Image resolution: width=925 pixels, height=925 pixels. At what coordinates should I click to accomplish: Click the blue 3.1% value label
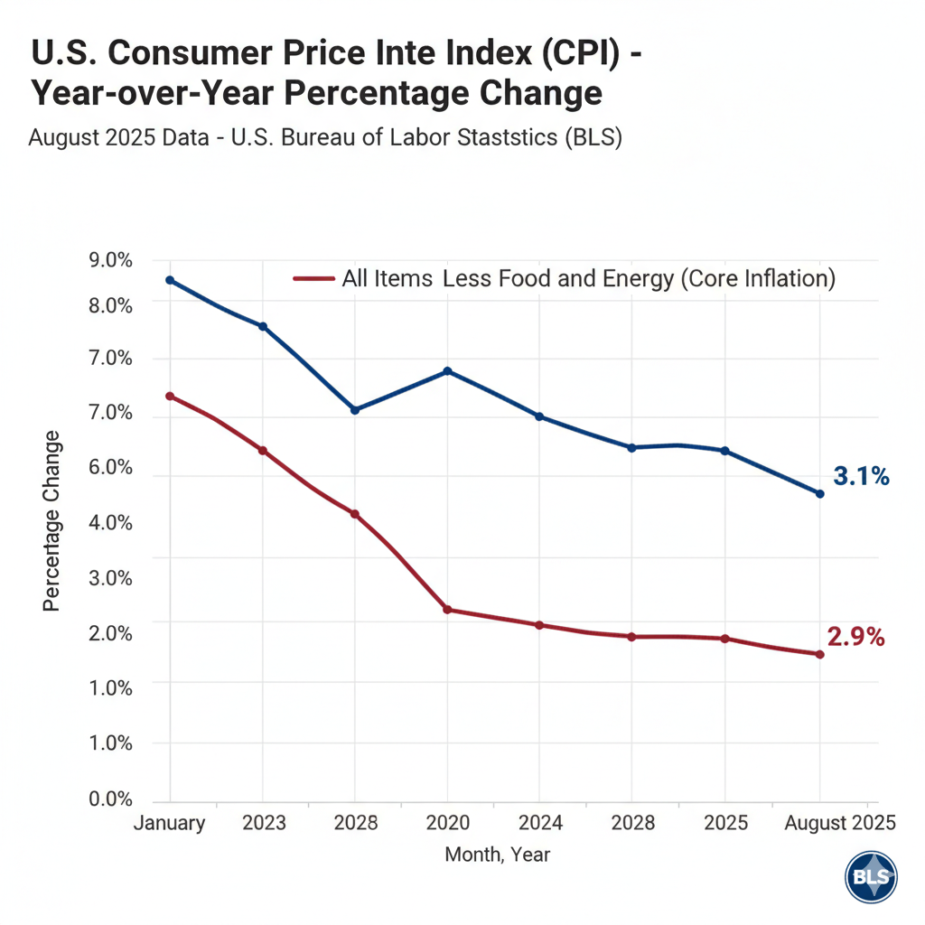(861, 476)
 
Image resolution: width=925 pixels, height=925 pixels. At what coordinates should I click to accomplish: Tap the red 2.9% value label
(855, 637)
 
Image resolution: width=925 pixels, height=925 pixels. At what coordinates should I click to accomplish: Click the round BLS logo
(872, 877)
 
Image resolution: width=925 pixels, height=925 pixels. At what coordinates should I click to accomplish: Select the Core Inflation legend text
(589, 278)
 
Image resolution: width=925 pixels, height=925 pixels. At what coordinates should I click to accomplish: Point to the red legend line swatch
(314, 278)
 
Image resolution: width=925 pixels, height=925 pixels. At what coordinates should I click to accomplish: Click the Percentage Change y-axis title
(51, 520)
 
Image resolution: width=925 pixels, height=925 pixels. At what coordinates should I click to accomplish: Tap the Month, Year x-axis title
(498, 854)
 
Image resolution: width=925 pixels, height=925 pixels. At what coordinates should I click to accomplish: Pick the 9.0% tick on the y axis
(113, 261)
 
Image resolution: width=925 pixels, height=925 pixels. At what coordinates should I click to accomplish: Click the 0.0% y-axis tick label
(113, 799)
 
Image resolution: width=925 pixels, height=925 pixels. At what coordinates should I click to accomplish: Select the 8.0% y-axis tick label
(113, 305)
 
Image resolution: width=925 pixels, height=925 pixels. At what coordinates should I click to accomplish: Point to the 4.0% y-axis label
(113, 523)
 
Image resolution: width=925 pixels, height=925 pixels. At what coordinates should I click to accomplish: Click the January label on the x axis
(170, 823)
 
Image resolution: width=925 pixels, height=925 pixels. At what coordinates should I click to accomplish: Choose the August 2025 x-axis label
(840, 823)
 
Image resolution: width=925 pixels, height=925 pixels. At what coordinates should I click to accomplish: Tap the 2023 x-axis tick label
(264, 823)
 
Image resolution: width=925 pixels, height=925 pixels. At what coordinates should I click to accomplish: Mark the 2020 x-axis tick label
(448, 823)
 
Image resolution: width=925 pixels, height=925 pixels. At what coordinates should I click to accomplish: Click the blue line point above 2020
(448, 371)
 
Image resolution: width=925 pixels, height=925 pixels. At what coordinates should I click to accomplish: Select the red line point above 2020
(448, 610)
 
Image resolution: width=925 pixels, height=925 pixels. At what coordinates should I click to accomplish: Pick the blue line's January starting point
(170, 280)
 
